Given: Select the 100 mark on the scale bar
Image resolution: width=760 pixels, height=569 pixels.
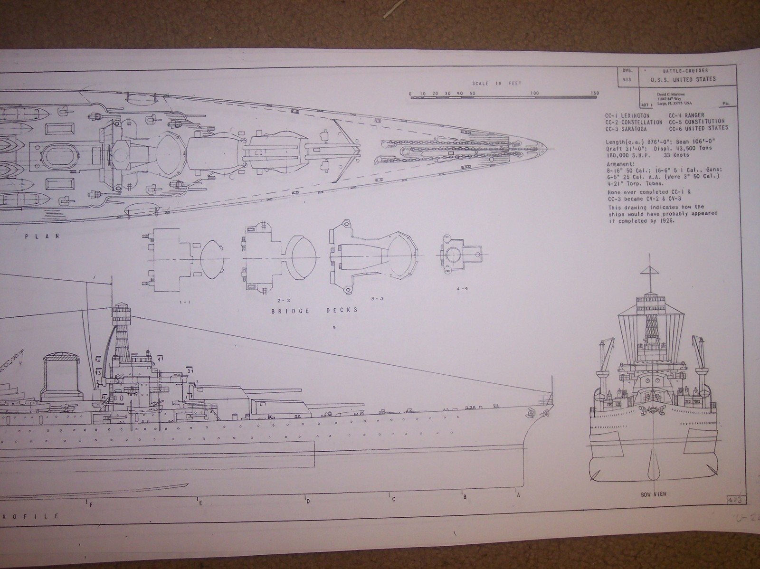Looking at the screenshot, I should [535, 93].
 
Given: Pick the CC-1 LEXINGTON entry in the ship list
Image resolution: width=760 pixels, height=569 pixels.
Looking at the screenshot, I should [627, 115].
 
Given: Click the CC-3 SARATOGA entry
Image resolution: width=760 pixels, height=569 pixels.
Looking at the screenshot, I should [628, 129].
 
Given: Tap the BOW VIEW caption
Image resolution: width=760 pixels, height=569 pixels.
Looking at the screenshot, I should [654, 494].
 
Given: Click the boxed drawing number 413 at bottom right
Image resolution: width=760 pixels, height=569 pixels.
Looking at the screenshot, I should [735, 499].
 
